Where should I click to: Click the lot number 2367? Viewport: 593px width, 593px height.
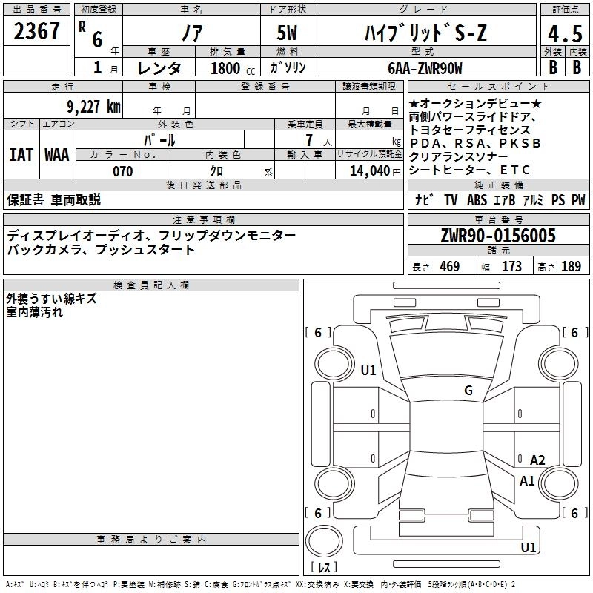[x=37, y=31]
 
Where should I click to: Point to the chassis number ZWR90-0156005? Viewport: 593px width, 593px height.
[x=498, y=236]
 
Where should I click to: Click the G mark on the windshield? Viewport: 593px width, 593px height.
[x=468, y=391]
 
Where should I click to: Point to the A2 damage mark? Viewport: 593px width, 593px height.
[x=537, y=460]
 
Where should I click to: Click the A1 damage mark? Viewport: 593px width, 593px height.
[x=527, y=480]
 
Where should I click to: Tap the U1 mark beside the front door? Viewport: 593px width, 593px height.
[x=368, y=371]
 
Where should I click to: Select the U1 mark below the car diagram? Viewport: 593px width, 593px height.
[x=528, y=548]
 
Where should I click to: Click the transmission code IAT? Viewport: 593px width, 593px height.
[x=20, y=155]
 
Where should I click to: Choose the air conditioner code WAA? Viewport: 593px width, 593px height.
[x=56, y=155]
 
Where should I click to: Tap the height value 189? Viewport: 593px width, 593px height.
[x=571, y=267]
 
